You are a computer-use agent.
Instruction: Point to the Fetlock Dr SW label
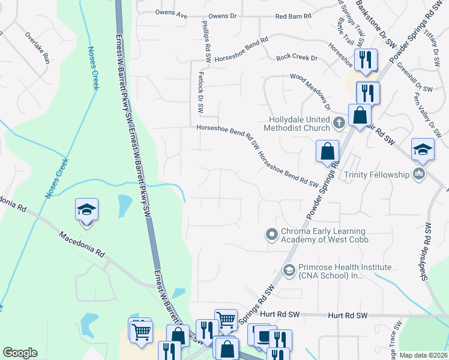(200, 93)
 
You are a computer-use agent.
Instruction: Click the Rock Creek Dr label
(297, 58)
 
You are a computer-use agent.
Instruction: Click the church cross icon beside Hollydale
(339, 123)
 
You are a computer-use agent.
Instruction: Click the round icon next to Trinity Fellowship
(419, 175)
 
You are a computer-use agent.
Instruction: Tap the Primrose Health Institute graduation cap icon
(289, 271)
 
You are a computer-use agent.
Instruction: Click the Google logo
(20, 353)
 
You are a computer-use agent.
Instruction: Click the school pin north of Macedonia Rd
(86, 211)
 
